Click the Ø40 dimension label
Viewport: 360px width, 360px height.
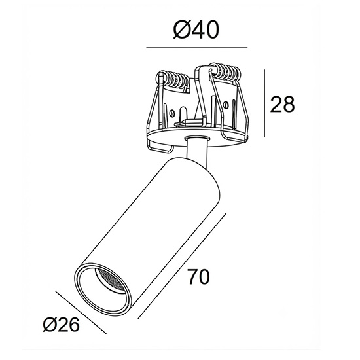click(x=196, y=30)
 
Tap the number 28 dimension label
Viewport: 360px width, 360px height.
click(x=282, y=105)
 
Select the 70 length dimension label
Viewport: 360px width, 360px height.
click(x=198, y=277)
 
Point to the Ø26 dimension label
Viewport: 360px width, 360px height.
click(x=62, y=325)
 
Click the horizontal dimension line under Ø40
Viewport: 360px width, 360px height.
click(x=197, y=48)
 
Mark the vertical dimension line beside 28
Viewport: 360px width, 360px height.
click(x=264, y=103)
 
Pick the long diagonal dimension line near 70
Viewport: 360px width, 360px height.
click(x=182, y=266)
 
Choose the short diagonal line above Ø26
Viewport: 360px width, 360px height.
click(x=81, y=313)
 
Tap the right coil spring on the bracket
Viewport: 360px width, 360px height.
click(x=226, y=71)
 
